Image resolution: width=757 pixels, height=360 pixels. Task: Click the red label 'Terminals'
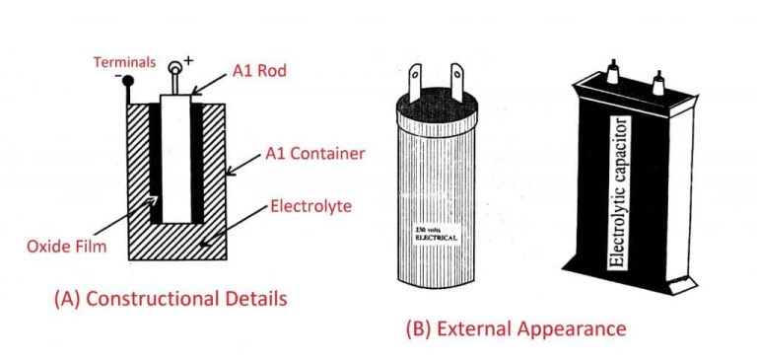coord(124,62)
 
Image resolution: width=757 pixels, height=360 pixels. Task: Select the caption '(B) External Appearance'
coord(516,327)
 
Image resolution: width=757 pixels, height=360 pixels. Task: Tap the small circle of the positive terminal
coord(177,68)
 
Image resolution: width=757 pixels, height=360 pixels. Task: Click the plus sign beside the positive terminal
coord(189,61)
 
